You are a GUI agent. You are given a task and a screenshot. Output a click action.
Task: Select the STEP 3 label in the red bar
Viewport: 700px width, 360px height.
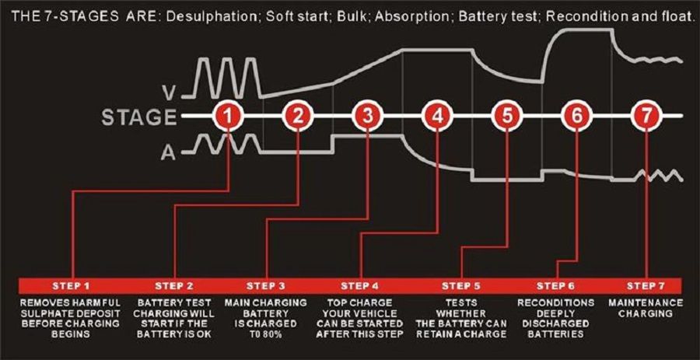pos(266,284)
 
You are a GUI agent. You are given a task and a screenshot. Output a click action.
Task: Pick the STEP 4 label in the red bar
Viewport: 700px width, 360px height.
pos(359,284)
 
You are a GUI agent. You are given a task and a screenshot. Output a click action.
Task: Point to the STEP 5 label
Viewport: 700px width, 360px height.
pos(462,284)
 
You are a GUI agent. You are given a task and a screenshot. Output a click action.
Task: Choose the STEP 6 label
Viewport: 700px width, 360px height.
pos(557,284)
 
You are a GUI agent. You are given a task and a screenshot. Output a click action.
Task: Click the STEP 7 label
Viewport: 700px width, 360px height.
pos(646,284)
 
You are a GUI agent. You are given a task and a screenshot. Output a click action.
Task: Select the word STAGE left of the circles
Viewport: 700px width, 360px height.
pos(138,117)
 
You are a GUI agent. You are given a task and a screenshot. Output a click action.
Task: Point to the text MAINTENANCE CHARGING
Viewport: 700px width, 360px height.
pos(646,307)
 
